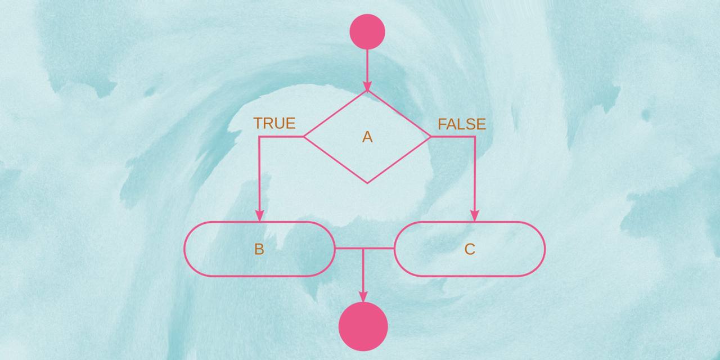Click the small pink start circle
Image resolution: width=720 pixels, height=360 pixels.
point(367,31)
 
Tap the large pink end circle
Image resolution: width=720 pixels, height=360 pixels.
point(363,326)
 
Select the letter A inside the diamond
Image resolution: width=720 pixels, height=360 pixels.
point(367,137)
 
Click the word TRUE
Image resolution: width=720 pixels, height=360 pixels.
point(274,123)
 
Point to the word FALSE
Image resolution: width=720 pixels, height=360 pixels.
point(462,124)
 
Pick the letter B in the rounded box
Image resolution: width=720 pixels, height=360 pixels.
point(259,249)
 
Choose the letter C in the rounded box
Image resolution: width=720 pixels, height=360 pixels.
point(470,249)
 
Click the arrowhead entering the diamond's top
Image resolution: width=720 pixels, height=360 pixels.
point(367,87)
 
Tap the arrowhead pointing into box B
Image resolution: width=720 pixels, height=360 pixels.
point(259,216)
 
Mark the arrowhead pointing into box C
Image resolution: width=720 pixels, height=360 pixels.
point(474,216)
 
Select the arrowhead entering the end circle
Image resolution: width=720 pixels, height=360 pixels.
point(363,296)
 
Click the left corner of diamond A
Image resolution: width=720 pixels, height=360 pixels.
point(304,137)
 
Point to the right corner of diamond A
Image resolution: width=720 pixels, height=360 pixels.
point(431,137)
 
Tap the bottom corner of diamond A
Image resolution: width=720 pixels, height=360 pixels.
point(367,183)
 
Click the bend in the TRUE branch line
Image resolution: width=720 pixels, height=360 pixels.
point(259,137)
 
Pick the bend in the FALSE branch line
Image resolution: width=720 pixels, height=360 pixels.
point(474,137)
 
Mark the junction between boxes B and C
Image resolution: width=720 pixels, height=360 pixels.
point(363,248)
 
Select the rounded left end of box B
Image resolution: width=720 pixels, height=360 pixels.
point(187,249)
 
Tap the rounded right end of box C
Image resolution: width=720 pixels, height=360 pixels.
point(543,249)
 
